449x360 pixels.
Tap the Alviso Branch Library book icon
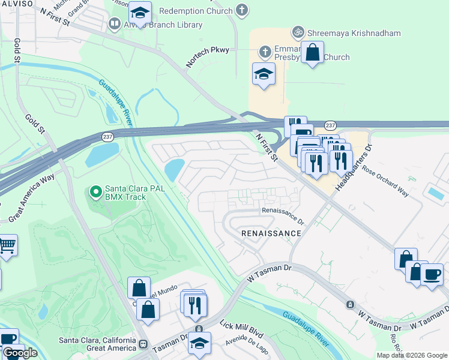click(114, 24)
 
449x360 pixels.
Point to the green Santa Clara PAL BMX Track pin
click(95, 193)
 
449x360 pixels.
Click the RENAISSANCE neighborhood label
click(271, 233)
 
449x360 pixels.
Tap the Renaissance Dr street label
click(282, 211)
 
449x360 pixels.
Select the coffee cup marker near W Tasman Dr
click(432, 275)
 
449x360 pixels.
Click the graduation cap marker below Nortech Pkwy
click(264, 74)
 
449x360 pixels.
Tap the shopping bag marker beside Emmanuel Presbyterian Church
click(312, 53)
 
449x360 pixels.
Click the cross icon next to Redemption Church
click(241, 10)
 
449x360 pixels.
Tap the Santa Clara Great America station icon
click(143, 344)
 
